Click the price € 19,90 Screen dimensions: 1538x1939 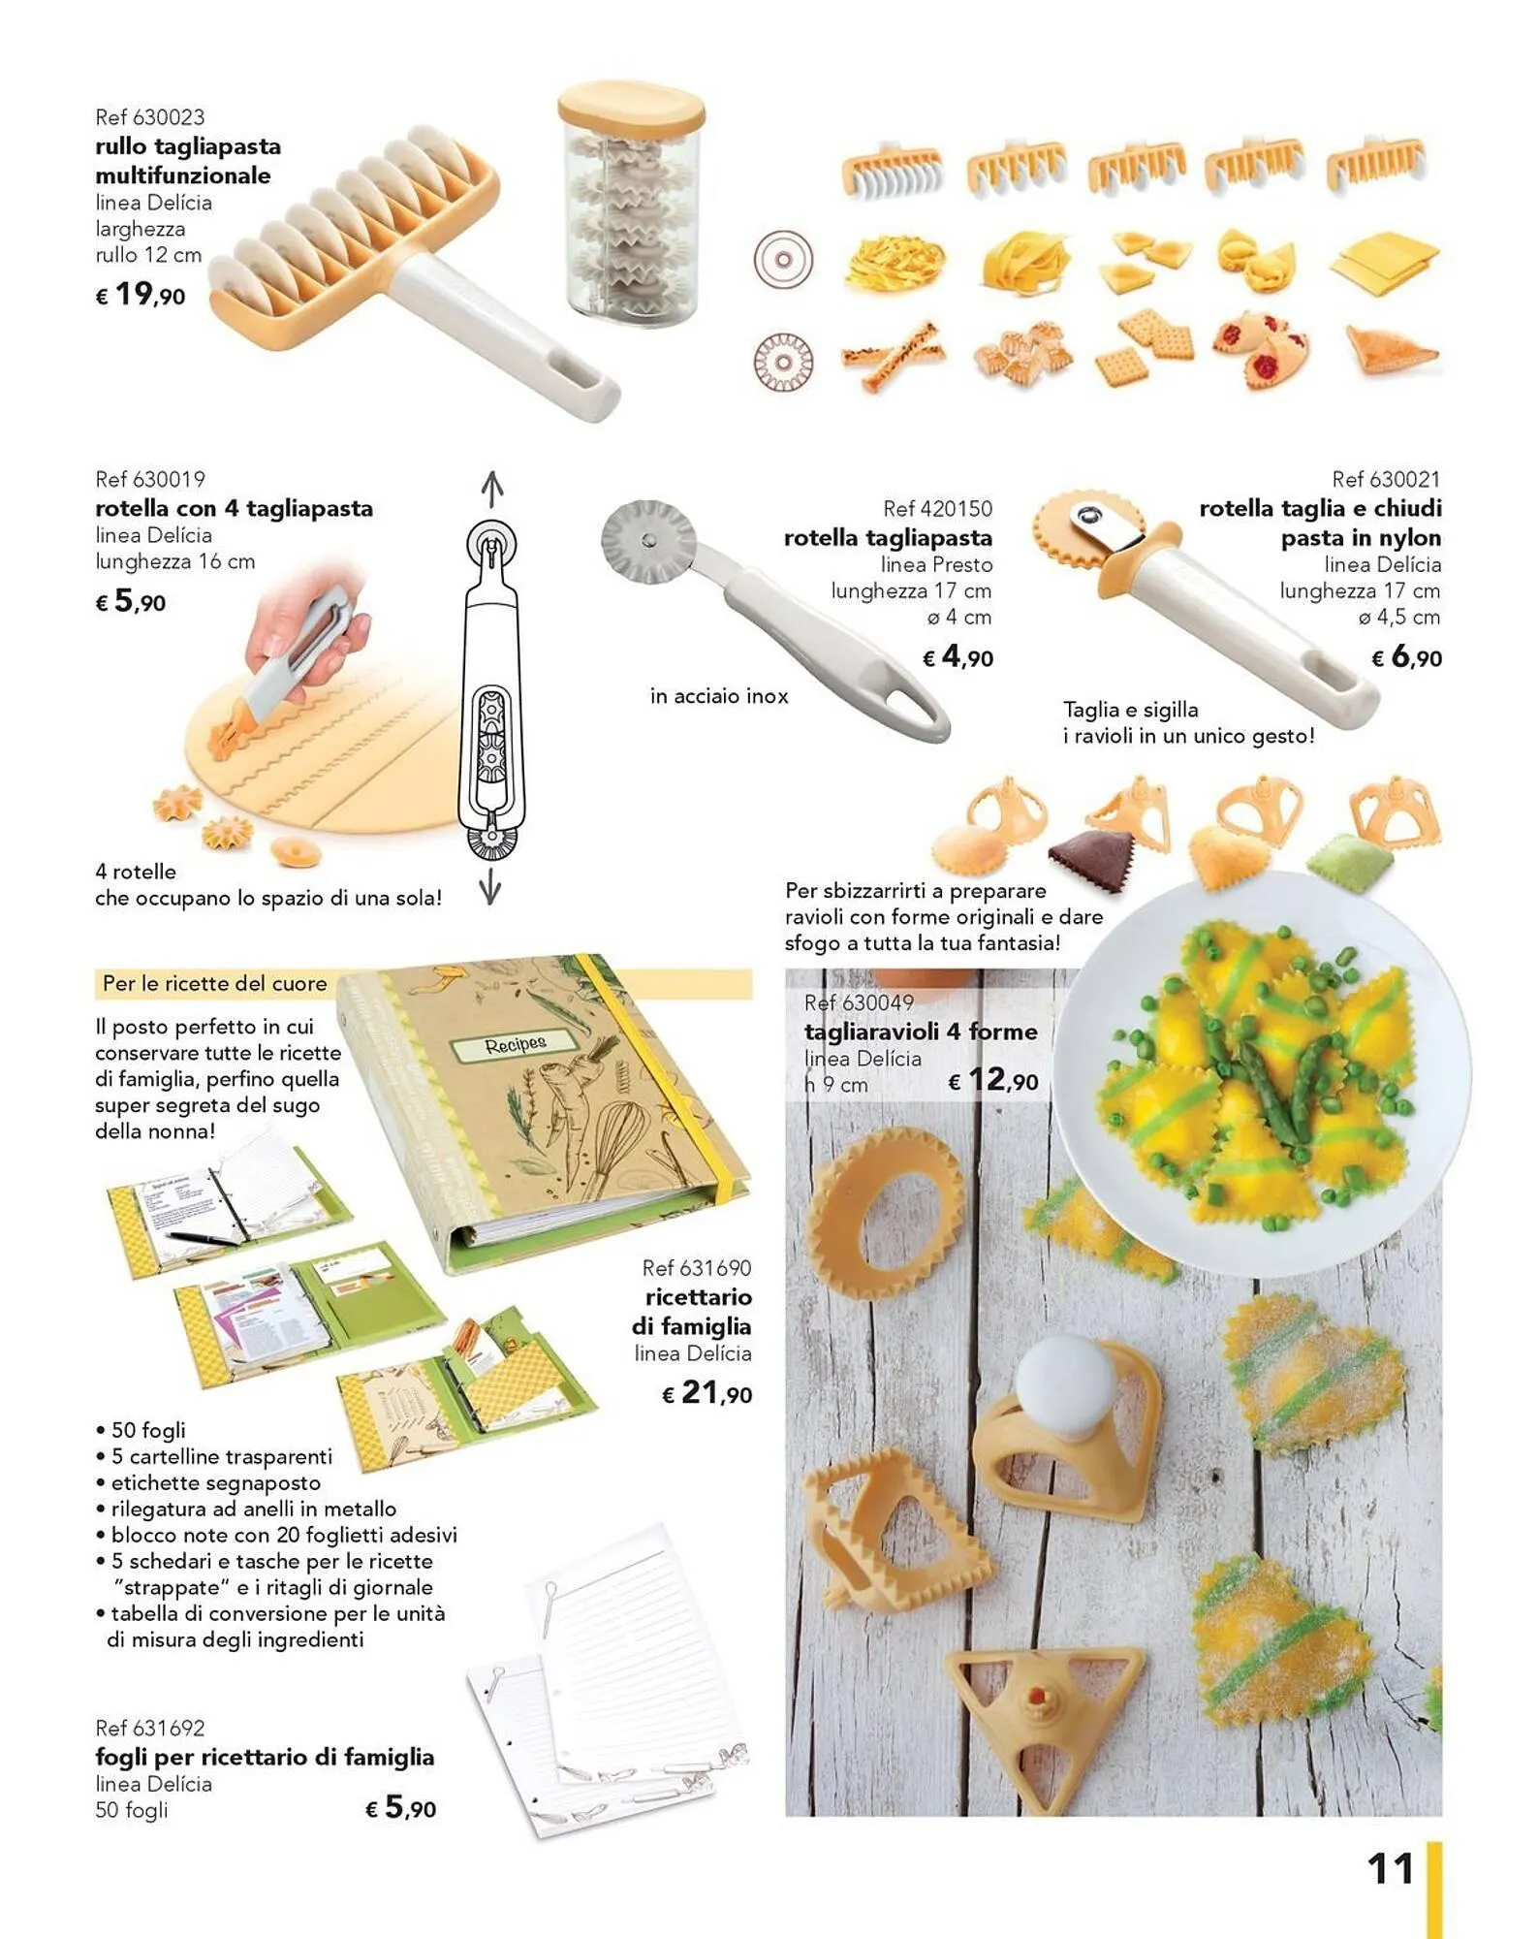click(x=141, y=295)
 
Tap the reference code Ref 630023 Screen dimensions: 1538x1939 click(x=150, y=117)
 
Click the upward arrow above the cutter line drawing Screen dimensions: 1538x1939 click(x=492, y=489)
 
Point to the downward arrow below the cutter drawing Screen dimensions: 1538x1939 click(x=490, y=885)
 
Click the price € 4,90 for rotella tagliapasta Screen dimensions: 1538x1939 click(x=957, y=657)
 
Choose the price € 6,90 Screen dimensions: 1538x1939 click(x=1406, y=657)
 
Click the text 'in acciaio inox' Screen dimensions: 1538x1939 click(x=719, y=696)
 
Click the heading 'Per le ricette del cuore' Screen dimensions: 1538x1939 click(x=215, y=983)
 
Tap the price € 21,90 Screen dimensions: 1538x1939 click(x=706, y=1393)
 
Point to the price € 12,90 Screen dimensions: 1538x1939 click(x=992, y=1079)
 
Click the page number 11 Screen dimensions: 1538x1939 click(x=1391, y=1869)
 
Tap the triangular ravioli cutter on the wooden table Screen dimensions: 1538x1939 click(x=1045, y=1703)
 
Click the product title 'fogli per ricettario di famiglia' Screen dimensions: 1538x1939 click(x=265, y=1757)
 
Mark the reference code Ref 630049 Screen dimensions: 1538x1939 click(x=859, y=1002)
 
